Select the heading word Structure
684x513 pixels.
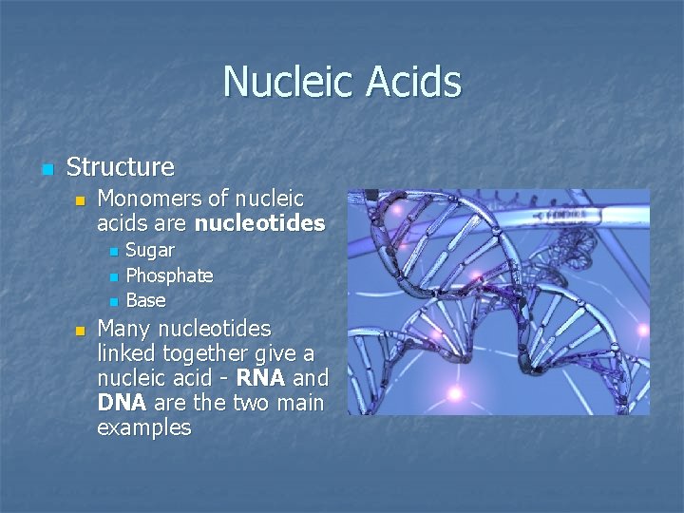(121, 167)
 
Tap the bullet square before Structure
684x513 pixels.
(47, 170)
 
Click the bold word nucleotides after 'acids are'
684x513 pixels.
(259, 224)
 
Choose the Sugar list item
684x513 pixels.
(150, 251)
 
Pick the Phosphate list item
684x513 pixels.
(169, 275)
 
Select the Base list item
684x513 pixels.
(145, 300)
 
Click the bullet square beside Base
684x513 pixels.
(112, 302)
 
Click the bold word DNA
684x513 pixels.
(122, 403)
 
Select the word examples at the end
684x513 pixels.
(143, 427)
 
